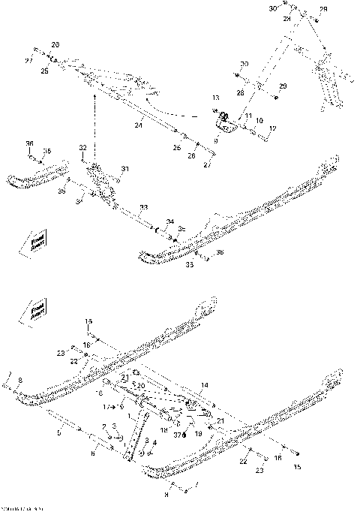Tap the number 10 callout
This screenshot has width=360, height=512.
click(259, 120)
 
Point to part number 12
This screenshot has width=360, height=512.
click(273, 129)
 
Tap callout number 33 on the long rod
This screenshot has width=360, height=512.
click(143, 206)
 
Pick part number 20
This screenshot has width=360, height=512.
click(141, 385)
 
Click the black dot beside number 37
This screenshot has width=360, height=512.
click(184, 435)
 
